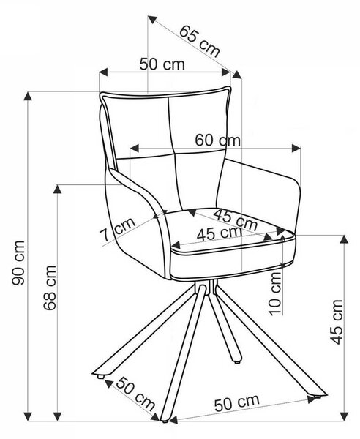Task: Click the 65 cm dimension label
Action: click(199, 41)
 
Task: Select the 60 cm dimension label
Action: click(217, 140)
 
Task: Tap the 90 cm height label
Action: click(18, 263)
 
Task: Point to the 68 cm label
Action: click(50, 288)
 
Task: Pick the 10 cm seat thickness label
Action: click(274, 293)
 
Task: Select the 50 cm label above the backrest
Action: click(162, 64)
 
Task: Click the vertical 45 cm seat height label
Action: click(336, 322)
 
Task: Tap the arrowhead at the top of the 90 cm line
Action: click(27, 96)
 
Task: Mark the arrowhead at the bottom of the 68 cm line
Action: click(57, 416)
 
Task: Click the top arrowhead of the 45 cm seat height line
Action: click(344, 239)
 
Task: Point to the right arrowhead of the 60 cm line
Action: click(296, 148)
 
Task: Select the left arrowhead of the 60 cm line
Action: click(135, 149)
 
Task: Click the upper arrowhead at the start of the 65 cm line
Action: click(152, 20)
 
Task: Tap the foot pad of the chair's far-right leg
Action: click(317, 397)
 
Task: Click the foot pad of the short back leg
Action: click(237, 362)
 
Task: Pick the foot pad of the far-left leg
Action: click(100, 377)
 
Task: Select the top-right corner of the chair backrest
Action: click(230, 88)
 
